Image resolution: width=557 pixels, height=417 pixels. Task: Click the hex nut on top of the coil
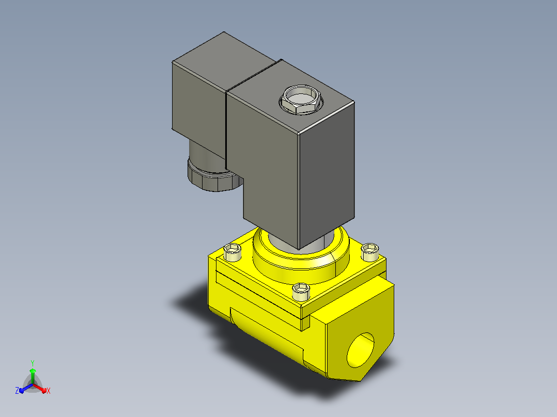[301, 99]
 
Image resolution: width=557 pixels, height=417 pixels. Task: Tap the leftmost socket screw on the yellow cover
[233, 252]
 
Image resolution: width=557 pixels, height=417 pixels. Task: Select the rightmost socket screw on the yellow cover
[370, 252]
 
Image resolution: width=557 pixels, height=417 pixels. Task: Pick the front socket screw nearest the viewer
[301, 292]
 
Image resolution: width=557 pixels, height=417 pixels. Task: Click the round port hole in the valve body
[361, 350]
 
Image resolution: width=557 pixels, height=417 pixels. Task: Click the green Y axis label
[33, 363]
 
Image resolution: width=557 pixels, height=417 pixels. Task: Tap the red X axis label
[49, 391]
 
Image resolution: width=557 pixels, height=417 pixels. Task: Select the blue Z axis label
[17, 390]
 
